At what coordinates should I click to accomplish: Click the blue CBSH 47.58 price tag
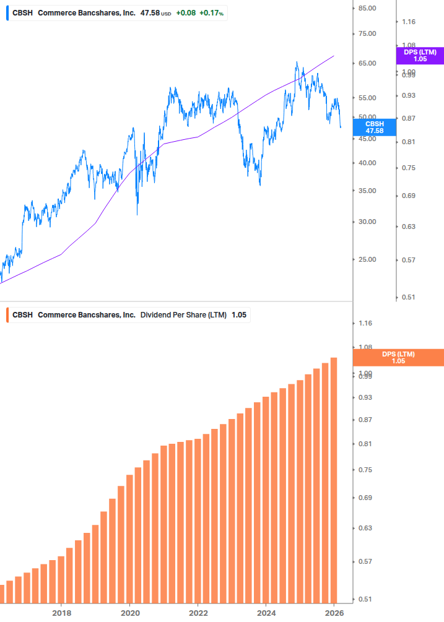click(375, 127)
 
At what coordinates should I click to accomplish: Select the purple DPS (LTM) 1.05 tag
click(420, 55)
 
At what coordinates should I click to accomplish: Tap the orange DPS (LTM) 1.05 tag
click(398, 358)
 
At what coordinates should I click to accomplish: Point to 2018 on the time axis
click(61, 613)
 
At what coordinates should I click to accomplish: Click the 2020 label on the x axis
click(129, 613)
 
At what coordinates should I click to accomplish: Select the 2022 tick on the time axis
click(198, 613)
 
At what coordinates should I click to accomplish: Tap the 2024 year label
click(266, 613)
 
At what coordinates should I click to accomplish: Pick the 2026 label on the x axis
click(334, 613)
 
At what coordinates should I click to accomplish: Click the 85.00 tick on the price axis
click(367, 8)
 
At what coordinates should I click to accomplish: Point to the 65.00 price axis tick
click(367, 63)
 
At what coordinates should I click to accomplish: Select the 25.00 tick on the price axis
click(367, 259)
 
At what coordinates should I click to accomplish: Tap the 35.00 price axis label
click(367, 191)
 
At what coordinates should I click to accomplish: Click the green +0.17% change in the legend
click(211, 12)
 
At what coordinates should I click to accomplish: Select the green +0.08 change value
click(186, 12)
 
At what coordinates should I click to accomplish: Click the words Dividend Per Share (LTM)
click(183, 315)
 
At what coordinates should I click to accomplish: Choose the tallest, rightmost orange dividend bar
click(334, 483)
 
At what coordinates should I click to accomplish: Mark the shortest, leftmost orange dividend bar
click(2, 594)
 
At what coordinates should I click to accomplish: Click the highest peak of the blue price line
click(297, 63)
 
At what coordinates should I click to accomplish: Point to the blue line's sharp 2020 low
click(137, 214)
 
